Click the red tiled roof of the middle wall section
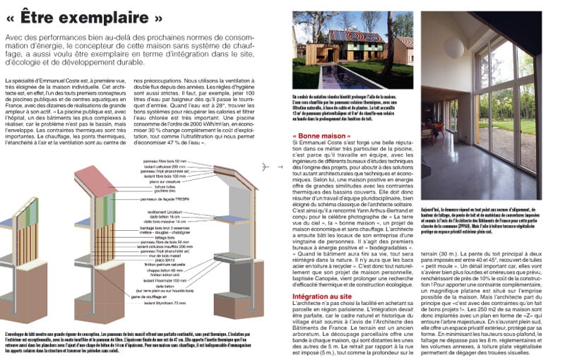(96, 181)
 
